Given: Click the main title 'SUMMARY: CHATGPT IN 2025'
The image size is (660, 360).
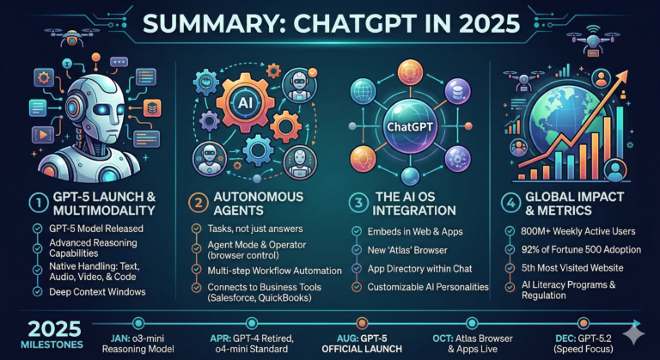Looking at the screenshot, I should [x=330, y=23].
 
